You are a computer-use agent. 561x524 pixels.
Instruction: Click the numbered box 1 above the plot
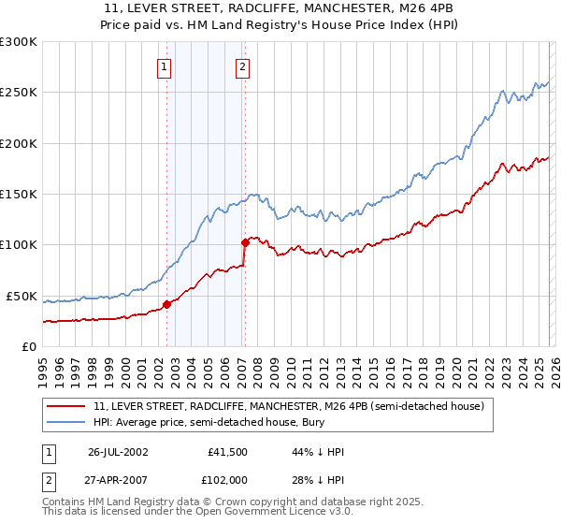point(165,66)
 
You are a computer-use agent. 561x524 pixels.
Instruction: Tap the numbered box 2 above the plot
point(242,66)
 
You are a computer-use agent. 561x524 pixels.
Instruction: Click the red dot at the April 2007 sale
point(245,242)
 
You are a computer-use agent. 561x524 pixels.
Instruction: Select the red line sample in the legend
point(67,407)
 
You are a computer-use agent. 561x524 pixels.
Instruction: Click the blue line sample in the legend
point(67,423)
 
